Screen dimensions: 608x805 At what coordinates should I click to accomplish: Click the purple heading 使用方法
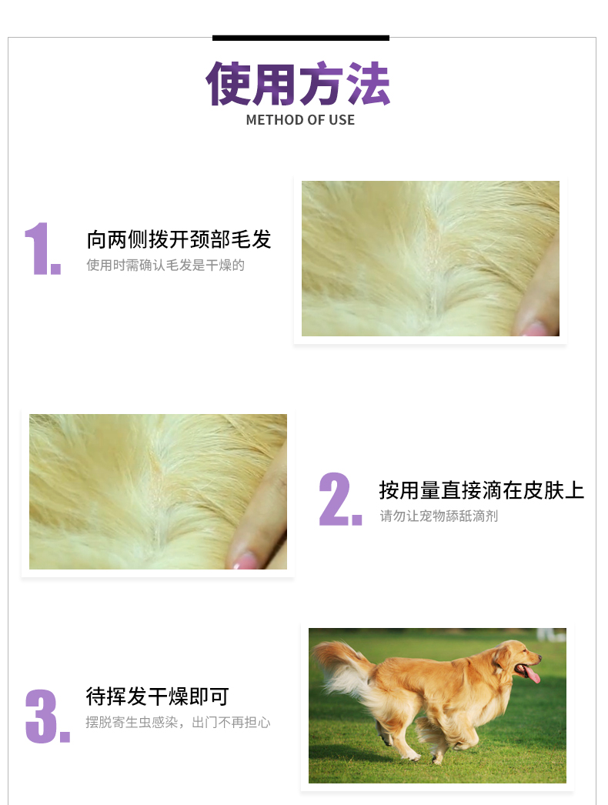[298, 84]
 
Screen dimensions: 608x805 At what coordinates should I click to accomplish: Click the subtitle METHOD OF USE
[300, 120]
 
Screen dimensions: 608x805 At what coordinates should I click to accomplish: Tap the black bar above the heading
[301, 38]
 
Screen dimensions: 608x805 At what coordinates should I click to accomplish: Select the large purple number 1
[42, 249]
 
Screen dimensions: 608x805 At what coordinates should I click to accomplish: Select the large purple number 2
[340, 499]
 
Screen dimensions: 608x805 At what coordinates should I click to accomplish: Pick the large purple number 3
[47, 716]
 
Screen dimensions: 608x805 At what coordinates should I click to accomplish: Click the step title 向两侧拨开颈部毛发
[179, 240]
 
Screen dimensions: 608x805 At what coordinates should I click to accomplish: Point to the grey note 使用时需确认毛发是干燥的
[165, 265]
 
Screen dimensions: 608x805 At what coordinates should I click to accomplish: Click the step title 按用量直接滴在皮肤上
[482, 490]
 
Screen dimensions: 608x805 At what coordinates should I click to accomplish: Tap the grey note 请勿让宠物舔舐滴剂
[439, 516]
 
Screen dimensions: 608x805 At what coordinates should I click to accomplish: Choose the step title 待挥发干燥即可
[157, 696]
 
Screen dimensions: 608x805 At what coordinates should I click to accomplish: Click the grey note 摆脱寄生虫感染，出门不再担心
[178, 723]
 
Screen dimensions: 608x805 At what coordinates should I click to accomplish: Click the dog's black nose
[540, 656]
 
